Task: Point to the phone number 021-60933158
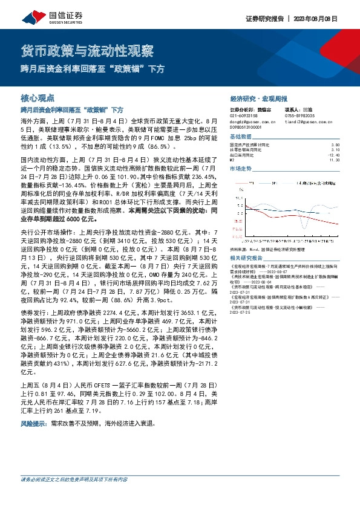tap(244, 115)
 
